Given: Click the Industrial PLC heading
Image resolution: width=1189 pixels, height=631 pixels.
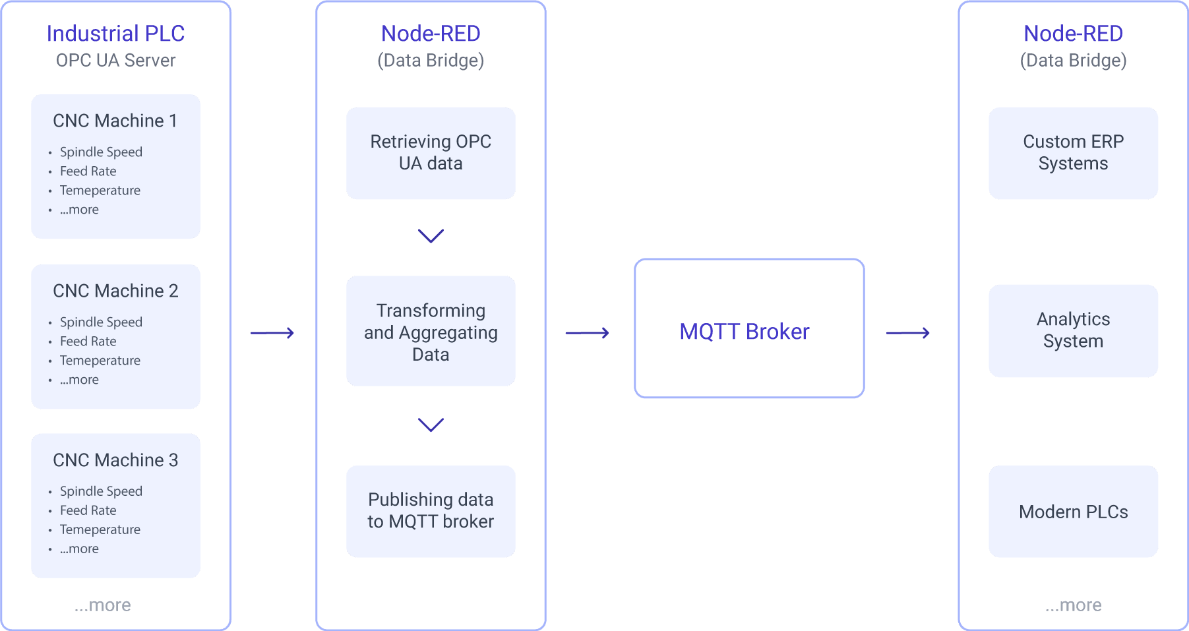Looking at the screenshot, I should click(x=115, y=34).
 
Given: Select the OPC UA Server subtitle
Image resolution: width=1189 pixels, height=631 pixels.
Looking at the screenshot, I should click(x=115, y=61).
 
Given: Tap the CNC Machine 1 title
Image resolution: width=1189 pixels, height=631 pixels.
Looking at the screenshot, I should click(x=115, y=121).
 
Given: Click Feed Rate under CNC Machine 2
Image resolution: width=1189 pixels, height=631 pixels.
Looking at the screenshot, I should click(x=88, y=341).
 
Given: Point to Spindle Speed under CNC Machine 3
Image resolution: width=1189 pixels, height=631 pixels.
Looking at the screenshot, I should click(x=101, y=491).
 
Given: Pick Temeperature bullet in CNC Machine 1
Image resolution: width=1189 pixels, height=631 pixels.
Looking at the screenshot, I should click(x=100, y=191).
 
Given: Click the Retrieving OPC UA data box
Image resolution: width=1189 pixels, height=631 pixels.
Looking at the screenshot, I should click(x=431, y=153).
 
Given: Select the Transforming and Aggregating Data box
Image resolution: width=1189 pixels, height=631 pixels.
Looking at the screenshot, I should click(x=431, y=332).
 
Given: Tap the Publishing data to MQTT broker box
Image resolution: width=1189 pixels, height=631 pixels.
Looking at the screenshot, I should click(x=431, y=511).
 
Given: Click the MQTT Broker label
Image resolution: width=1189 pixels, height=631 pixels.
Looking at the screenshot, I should click(x=744, y=332).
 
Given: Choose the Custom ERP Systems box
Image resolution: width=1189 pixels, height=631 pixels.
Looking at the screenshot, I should click(x=1073, y=153).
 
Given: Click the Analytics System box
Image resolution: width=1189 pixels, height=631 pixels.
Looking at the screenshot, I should click(x=1073, y=330).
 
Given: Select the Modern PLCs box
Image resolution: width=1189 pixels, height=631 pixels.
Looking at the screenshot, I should click(x=1073, y=512).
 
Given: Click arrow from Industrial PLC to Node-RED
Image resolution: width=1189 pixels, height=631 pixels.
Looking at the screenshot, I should click(x=272, y=333).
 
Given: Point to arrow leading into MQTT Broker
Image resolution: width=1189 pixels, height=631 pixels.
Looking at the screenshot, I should click(x=588, y=333).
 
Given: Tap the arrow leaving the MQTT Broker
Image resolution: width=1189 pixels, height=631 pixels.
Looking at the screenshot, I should click(x=908, y=333).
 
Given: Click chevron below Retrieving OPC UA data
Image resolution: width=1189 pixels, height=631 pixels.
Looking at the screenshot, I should click(x=431, y=236).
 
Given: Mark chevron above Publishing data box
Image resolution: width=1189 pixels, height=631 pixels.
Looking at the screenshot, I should click(x=431, y=425).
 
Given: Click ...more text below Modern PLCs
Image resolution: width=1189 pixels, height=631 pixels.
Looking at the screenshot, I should click(x=1073, y=605).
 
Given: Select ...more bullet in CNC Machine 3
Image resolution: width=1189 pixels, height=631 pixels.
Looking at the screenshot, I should click(x=79, y=549).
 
